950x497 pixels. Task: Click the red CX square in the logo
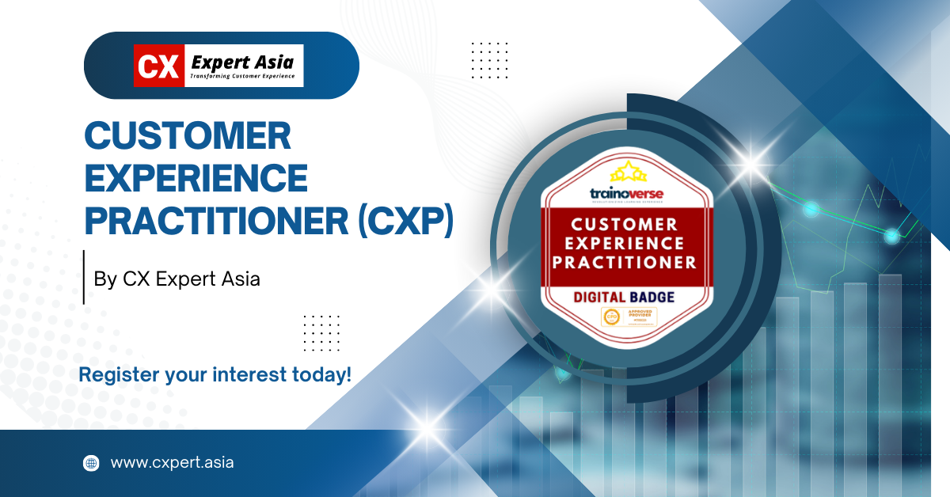[158, 66]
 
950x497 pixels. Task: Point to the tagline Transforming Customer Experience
[242, 77]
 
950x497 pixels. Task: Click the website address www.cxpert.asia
[172, 462]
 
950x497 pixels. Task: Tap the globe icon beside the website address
[91, 463]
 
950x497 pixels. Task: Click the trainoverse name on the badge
[625, 193]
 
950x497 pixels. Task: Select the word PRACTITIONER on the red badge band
[625, 261]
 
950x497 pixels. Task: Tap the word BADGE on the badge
[655, 297]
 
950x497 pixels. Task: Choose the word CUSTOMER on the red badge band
[625, 225]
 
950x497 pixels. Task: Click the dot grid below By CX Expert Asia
[321, 332]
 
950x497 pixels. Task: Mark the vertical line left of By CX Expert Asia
[84, 278]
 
